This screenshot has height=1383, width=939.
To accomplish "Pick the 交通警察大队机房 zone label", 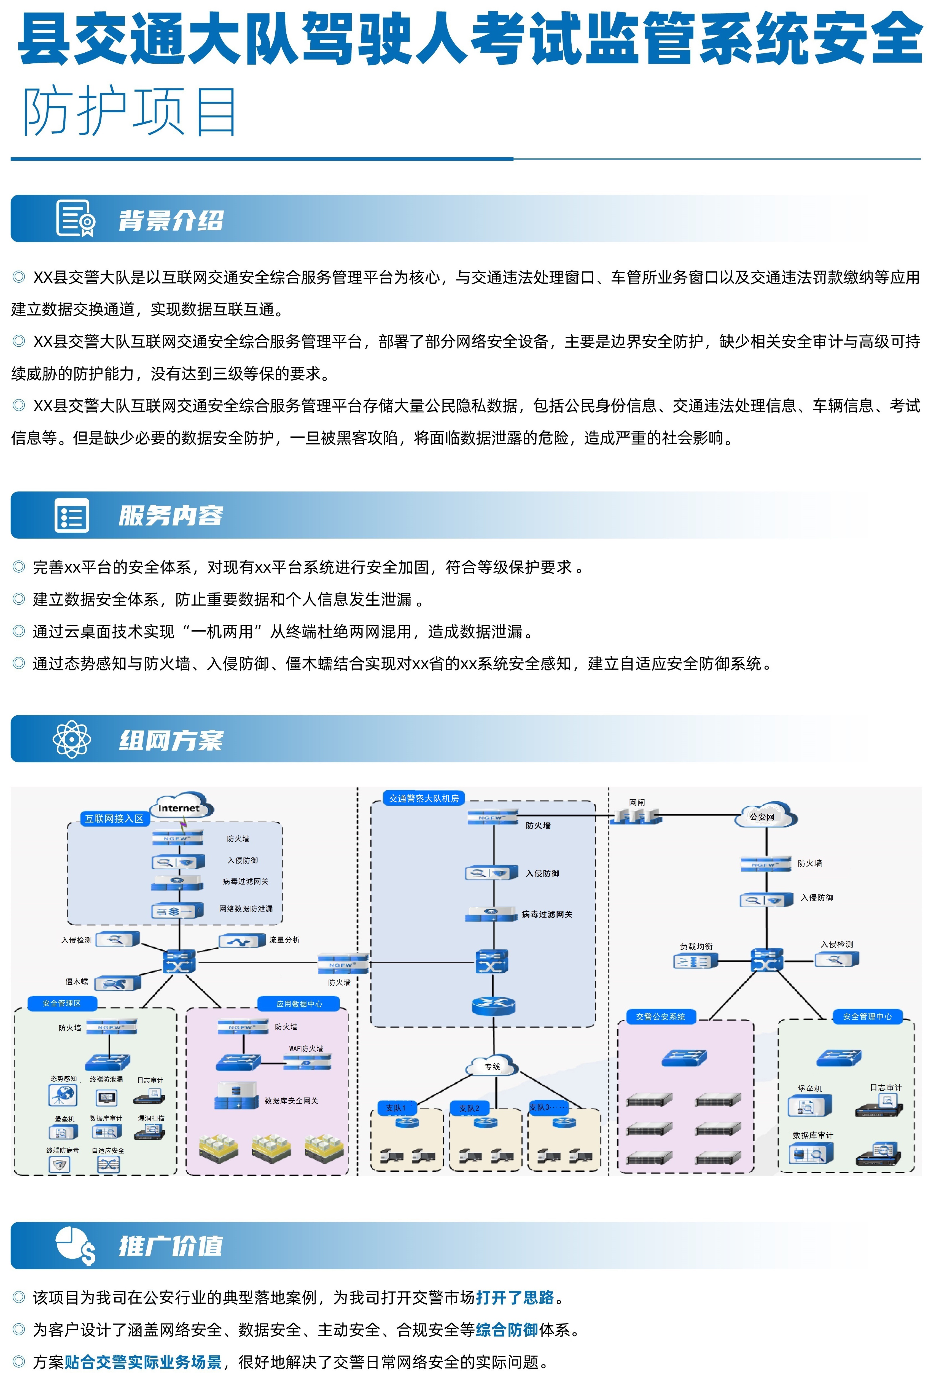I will click(x=424, y=798).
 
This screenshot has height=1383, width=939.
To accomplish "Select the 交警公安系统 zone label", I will click(x=661, y=1017).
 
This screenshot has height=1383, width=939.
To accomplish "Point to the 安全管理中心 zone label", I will click(x=867, y=1017).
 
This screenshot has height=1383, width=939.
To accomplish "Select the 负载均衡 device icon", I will click(x=695, y=961).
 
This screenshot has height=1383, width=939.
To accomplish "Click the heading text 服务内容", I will click(x=171, y=515).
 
